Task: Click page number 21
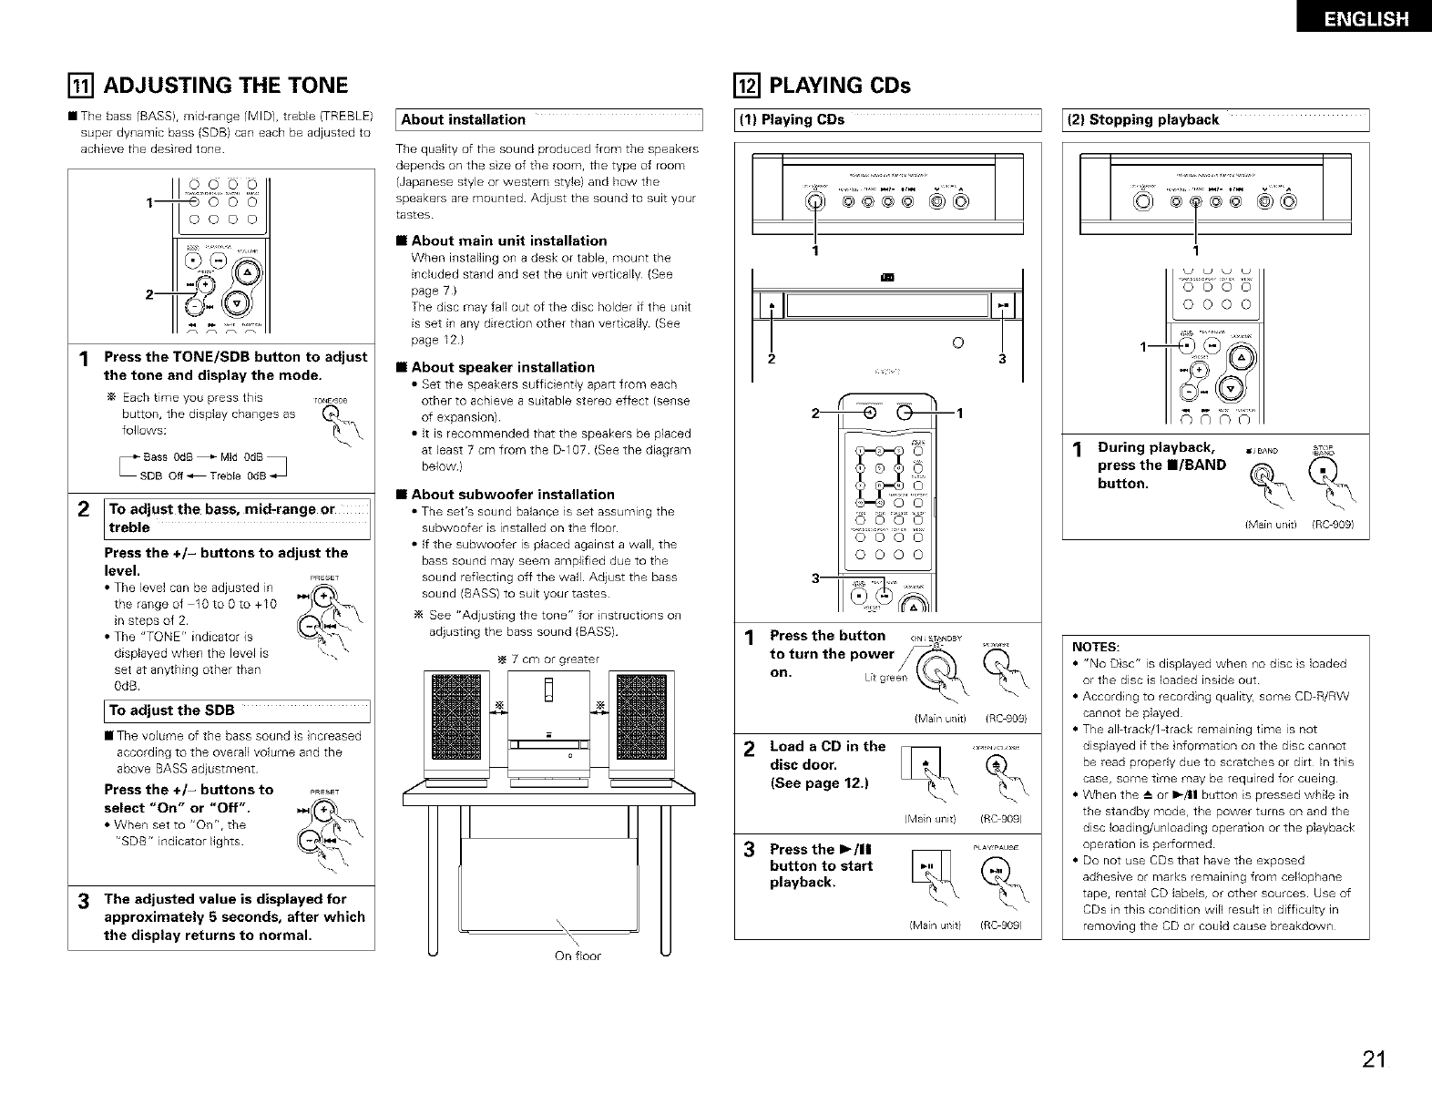click(1375, 1058)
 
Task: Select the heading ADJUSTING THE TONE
click(227, 86)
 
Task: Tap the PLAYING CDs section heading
click(840, 86)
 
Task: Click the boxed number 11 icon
click(81, 86)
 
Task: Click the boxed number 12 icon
click(747, 86)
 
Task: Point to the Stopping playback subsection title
click(1146, 119)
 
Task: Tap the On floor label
click(578, 956)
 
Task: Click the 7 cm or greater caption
click(547, 659)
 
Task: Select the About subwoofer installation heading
click(506, 495)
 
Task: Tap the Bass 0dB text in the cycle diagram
click(165, 456)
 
